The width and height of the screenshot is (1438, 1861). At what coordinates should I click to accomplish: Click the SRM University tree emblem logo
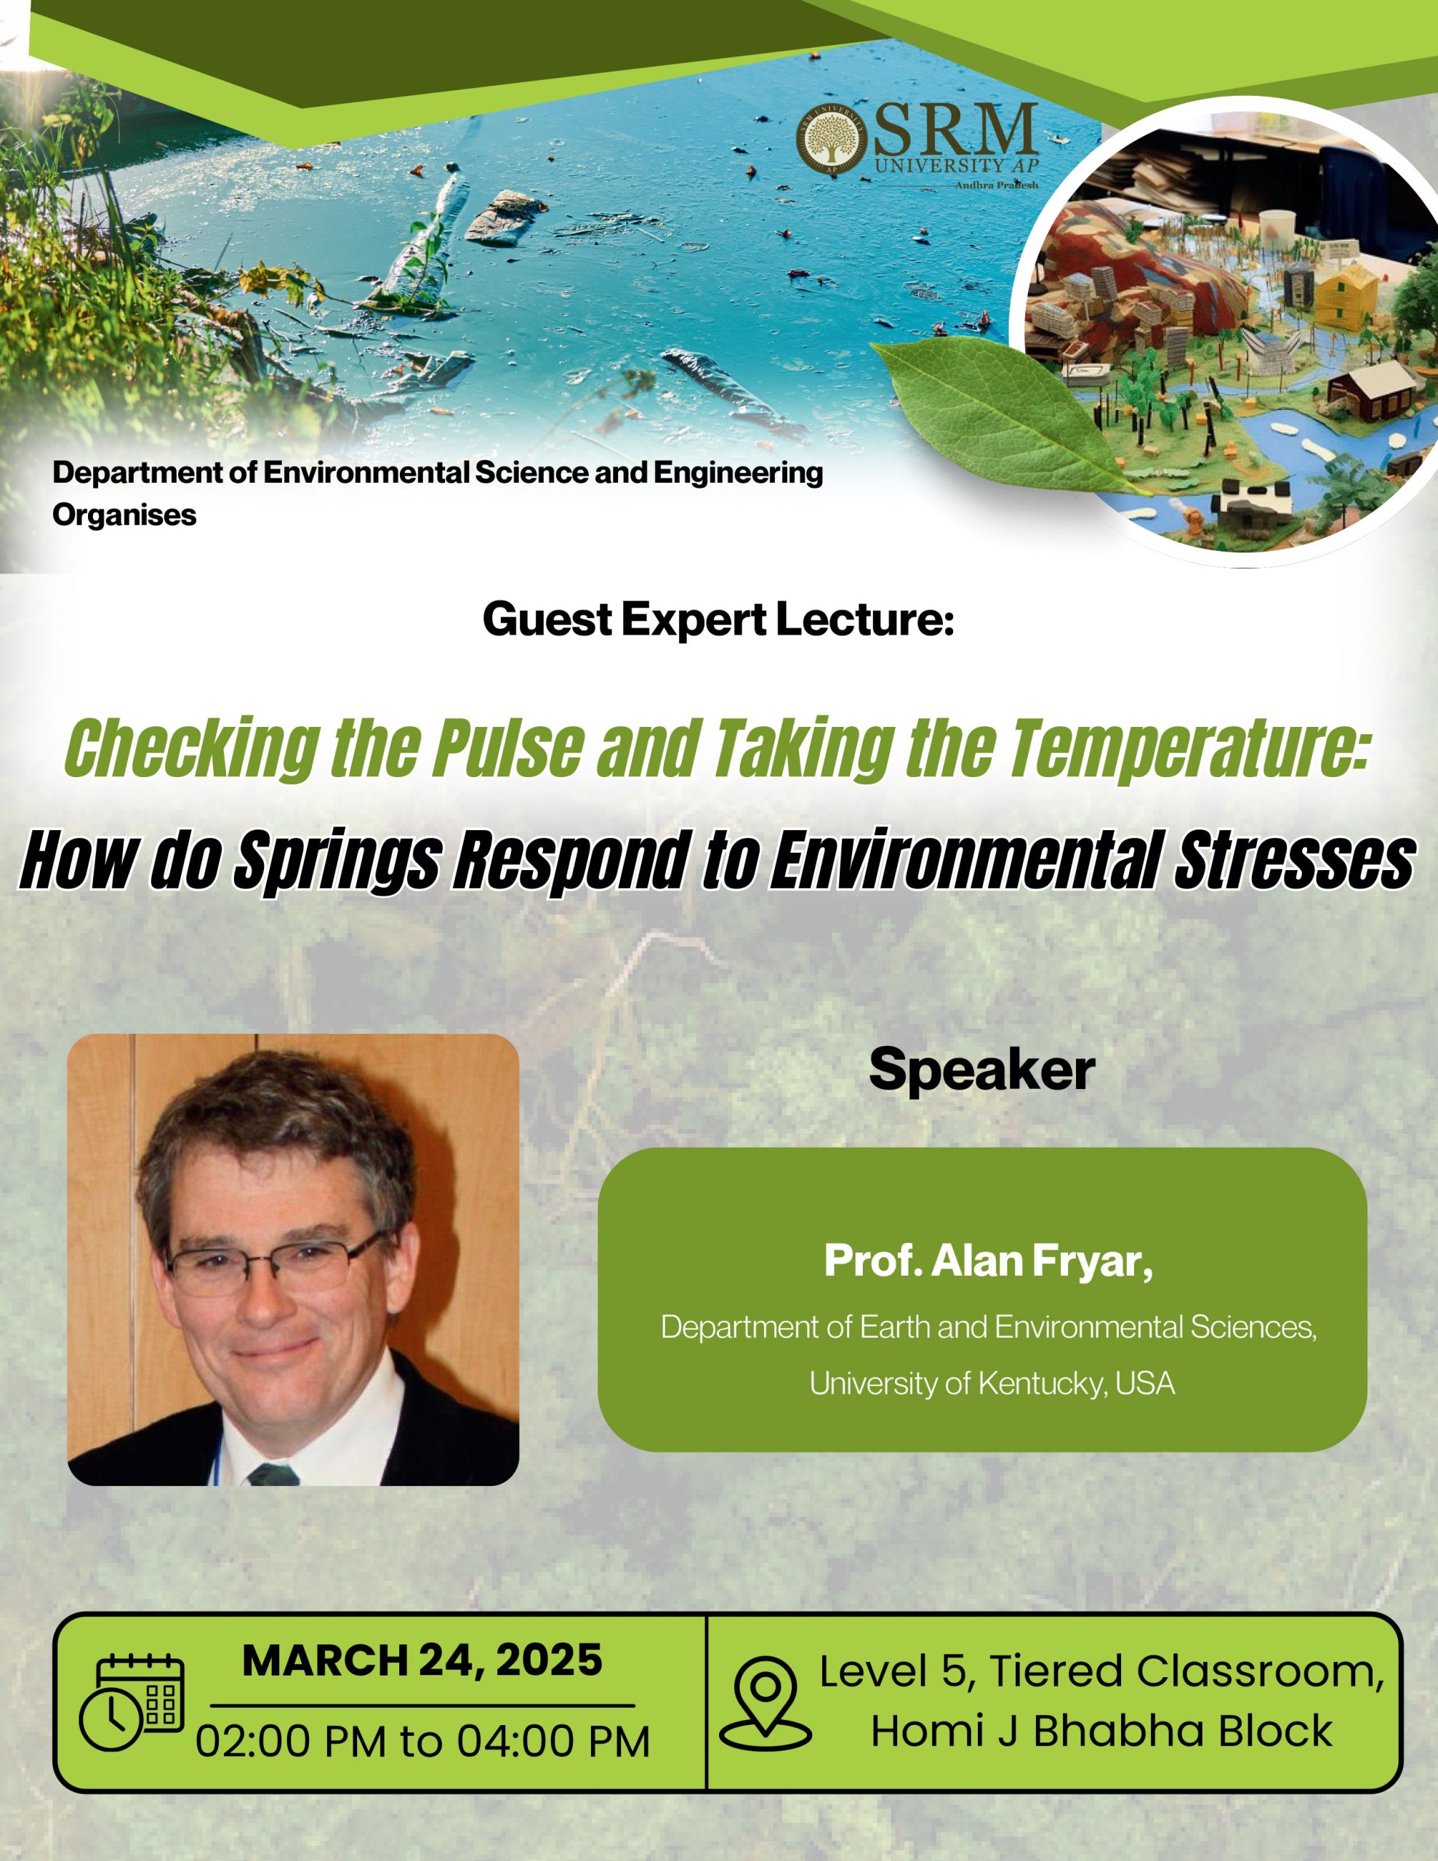point(831,140)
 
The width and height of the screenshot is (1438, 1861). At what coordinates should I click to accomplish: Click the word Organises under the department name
point(124,515)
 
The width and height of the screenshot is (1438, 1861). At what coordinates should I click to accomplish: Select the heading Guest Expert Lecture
point(718,619)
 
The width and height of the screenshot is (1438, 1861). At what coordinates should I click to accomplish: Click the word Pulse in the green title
point(509,748)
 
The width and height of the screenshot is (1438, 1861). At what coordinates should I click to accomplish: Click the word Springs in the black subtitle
point(336,861)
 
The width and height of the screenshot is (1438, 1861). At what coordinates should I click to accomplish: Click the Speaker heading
point(982,1069)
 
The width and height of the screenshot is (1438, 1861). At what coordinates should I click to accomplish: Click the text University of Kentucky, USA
point(992,1382)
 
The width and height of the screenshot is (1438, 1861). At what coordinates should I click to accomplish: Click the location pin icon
point(766,1704)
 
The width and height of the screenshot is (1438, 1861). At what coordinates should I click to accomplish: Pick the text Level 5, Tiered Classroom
point(1102,1672)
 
